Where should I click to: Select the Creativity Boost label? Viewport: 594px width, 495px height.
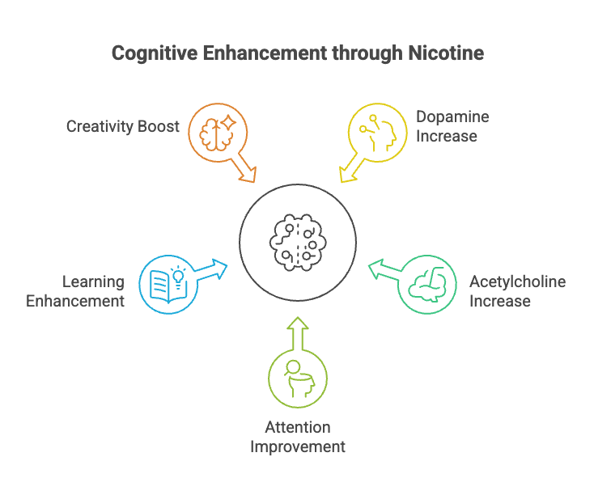pyautogui.click(x=123, y=127)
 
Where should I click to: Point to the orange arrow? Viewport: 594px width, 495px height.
pyautogui.click(x=244, y=169)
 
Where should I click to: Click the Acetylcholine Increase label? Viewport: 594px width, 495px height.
pyautogui.click(x=517, y=291)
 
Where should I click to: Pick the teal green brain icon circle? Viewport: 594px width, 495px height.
pyautogui.click(x=428, y=284)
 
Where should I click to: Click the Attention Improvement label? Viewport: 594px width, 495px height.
pyautogui.click(x=298, y=437)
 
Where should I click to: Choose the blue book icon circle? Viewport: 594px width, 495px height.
pyautogui.click(x=168, y=284)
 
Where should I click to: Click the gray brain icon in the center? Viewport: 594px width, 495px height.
pyautogui.click(x=297, y=241)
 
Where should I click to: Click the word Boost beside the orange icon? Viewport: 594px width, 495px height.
pyautogui.click(x=158, y=127)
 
